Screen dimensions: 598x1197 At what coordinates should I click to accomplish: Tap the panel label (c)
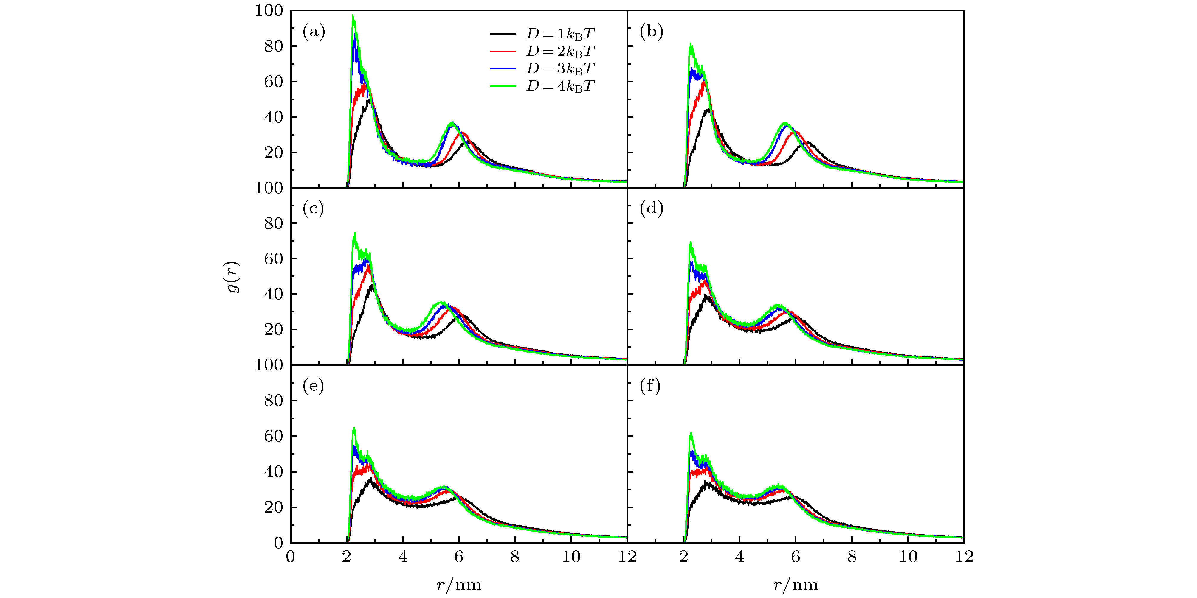click(313, 209)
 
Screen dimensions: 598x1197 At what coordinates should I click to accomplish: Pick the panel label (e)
click(313, 386)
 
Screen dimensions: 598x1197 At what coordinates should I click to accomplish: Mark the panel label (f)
click(650, 386)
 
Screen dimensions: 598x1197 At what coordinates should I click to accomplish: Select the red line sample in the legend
click(503, 51)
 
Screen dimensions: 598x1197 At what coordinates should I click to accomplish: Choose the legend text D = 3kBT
click(560, 69)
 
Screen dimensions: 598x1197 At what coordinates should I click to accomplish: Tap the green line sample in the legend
click(503, 86)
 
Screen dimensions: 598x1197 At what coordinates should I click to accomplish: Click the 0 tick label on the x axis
click(290, 556)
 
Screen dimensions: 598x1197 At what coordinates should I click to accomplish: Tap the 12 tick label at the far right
click(964, 556)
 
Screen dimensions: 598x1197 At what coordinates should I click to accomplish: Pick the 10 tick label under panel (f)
click(908, 556)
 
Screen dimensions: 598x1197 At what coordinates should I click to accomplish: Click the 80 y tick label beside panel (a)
click(273, 46)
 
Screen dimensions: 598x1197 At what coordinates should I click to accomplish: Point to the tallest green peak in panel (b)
click(691, 44)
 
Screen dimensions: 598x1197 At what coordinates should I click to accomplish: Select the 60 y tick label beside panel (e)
click(273, 436)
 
